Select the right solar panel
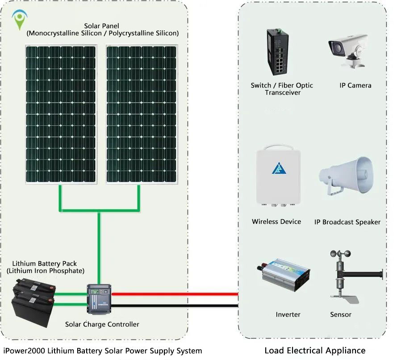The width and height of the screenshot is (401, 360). coord(141,114)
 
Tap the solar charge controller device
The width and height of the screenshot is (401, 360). coord(99,299)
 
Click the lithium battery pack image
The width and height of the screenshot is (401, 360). coord(34,297)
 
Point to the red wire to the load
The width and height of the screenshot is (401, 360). coord(174,294)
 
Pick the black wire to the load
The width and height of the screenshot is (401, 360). coord(174,306)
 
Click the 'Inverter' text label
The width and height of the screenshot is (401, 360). coord(288,315)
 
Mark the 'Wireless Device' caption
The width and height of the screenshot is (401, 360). coord(276,222)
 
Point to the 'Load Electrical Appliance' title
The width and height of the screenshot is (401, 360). coord(315,351)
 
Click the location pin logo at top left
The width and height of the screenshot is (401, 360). coord(19,20)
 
